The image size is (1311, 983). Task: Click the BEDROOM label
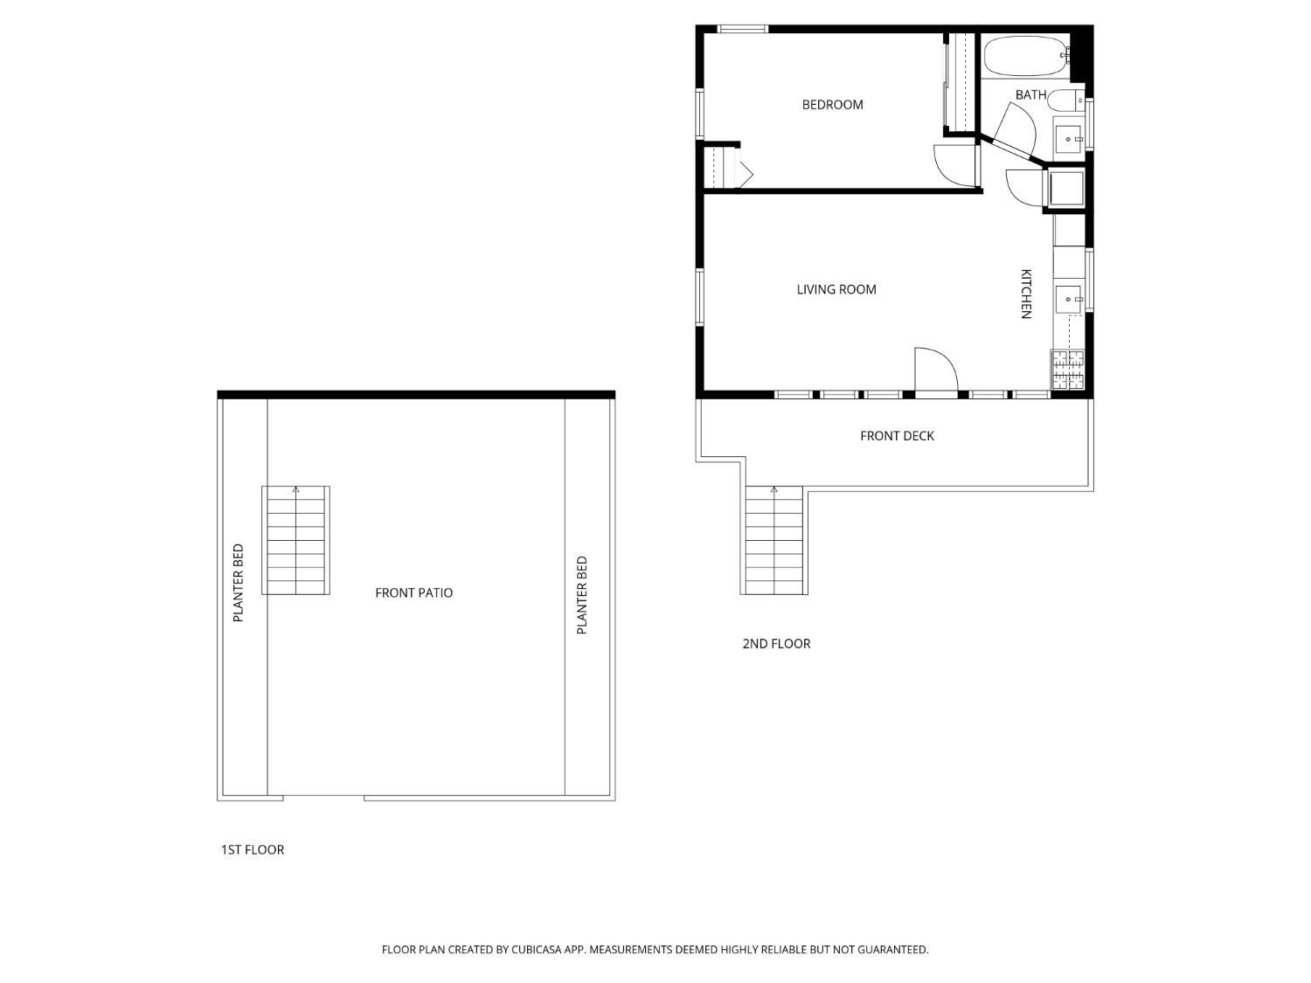pos(832,105)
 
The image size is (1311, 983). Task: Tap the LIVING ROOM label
pos(836,289)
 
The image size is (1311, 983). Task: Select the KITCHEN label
pos(1025,294)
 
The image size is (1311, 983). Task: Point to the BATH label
pos(1030,95)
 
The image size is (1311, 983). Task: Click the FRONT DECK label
pos(897,436)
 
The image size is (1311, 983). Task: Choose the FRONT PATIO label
pos(414,592)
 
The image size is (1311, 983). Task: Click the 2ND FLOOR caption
pos(776,643)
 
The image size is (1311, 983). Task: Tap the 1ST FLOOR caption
pos(253,849)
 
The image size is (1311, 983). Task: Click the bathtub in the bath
pos(1025,56)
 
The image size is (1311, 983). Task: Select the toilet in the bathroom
pos(1065,100)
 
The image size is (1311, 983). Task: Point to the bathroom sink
pos(1068,139)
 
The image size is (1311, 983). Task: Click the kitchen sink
pos(1069,299)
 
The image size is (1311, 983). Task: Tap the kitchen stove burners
pos(1067,370)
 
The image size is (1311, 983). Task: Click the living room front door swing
pos(936,370)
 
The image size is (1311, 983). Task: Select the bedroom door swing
pos(955,165)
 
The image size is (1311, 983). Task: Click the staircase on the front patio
pos(295,540)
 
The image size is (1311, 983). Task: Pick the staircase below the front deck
pos(774,540)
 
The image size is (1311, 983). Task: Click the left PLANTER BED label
pos(239,583)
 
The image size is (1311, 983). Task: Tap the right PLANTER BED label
pos(582,595)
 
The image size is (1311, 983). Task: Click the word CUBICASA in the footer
pos(537,949)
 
